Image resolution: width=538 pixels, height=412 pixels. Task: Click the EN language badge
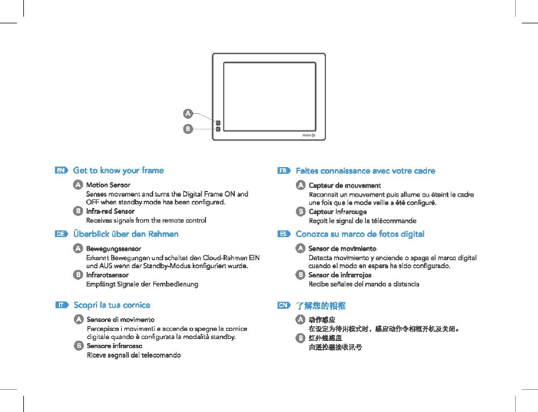coord(62,170)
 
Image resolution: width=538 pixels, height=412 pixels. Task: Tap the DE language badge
coord(62,234)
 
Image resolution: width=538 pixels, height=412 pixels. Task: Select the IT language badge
coord(62,305)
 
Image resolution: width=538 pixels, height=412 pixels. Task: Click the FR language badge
coord(284,171)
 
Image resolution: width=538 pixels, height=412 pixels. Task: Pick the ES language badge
coord(284,234)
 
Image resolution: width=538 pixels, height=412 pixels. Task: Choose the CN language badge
coord(284,305)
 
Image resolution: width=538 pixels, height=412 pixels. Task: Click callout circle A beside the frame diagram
coord(188,113)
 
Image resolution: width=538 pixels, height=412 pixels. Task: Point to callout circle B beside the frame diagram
coord(188,129)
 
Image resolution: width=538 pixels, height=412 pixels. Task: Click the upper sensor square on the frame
coord(218,122)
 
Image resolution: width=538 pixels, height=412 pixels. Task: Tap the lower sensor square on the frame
coord(218,129)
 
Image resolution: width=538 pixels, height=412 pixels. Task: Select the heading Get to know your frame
coord(118,170)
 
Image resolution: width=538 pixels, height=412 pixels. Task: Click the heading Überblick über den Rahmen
coord(126,234)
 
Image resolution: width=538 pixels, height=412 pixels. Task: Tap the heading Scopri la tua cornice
coord(112,305)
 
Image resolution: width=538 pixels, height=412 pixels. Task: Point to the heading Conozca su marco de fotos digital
coord(360,234)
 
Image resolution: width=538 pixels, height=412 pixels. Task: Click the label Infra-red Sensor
coord(110,212)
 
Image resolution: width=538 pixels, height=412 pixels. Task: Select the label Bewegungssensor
coord(113,249)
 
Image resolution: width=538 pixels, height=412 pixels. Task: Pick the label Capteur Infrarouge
coord(338,212)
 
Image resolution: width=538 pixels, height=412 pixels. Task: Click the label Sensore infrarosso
coord(114,346)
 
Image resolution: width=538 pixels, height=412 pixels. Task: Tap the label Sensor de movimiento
coord(342,249)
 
